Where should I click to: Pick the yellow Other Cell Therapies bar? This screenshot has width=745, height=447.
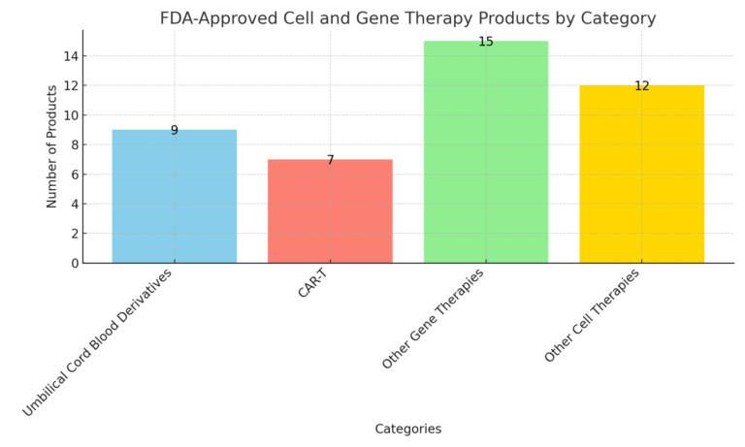click(x=641, y=175)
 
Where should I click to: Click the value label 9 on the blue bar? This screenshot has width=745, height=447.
click(x=175, y=131)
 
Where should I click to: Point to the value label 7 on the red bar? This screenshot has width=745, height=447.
click(x=330, y=160)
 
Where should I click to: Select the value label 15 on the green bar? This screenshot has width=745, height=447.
click(x=486, y=42)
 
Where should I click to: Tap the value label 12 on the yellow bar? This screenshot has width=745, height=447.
click(x=641, y=86)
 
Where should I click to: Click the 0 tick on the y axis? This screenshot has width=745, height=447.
click(x=74, y=263)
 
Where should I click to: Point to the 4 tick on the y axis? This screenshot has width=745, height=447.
click(x=74, y=204)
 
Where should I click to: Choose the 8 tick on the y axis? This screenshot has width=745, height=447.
click(x=74, y=144)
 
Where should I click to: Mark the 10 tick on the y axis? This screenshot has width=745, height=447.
click(x=71, y=115)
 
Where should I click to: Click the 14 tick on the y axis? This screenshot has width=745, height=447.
click(x=71, y=56)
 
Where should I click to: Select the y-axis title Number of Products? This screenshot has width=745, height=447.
click(x=52, y=146)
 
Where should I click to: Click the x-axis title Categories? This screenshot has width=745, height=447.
click(x=407, y=429)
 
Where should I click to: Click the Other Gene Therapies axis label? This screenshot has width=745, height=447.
click(x=433, y=318)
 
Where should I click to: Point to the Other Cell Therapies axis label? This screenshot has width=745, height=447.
click(x=592, y=315)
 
